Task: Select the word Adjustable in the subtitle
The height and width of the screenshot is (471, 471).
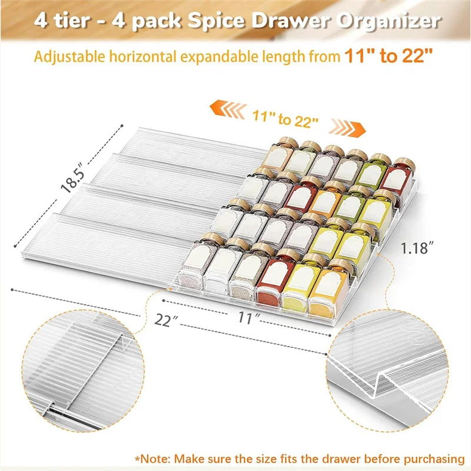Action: pos(69,57)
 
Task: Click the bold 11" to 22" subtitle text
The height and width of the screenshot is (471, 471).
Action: pos(389,55)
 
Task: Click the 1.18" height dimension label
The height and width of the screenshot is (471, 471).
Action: pos(418,248)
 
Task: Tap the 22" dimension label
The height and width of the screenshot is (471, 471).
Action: pos(166,320)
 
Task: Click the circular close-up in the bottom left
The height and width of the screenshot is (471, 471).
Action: pos(83,371)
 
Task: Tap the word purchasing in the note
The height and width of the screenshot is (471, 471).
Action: pos(434,459)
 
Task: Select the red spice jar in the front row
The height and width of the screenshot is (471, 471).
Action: pos(271,278)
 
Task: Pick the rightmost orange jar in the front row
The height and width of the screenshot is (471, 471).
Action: pos(326,288)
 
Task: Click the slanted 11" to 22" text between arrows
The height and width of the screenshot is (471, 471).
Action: pos(285,119)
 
